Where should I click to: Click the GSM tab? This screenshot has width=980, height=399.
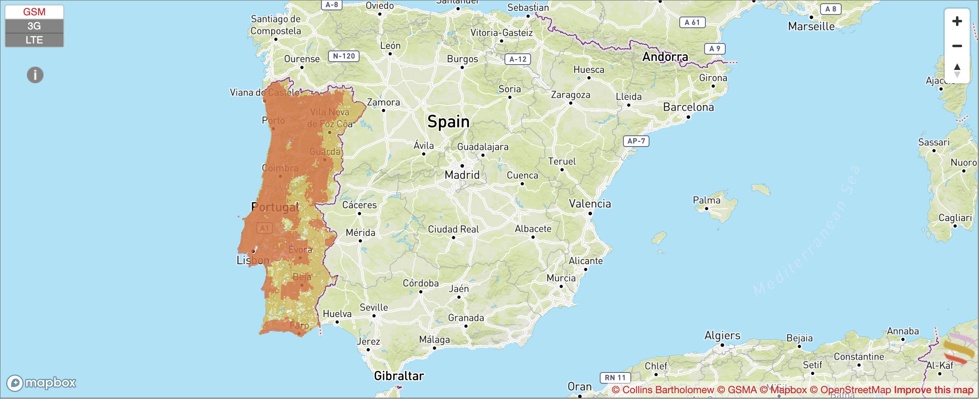[34, 12]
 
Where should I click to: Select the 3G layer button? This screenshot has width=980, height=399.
[34, 26]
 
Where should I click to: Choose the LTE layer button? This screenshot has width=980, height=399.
[34, 40]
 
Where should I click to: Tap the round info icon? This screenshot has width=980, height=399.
[35, 75]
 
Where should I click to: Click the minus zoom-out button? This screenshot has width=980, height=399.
[957, 46]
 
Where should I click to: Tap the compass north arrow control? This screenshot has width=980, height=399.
[957, 70]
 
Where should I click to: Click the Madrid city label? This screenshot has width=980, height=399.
[462, 175]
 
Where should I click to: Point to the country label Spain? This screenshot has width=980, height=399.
[448, 122]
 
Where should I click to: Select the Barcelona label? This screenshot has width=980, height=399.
[688, 107]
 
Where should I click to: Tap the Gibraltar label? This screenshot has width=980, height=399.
[399, 376]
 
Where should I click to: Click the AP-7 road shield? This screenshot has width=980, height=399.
[636, 141]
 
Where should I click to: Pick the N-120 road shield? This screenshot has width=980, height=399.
[344, 56]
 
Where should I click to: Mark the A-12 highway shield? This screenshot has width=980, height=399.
[518, 59]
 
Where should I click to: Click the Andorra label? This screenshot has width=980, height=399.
[665, 57]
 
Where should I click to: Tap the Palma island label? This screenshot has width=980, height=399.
[707, 200]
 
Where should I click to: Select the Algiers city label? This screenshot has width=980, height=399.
[722, 335]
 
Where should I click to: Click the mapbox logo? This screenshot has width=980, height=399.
[41, 383]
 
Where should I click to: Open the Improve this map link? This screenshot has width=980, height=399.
[934, 390]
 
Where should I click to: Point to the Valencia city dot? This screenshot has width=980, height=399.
[590, 214]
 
